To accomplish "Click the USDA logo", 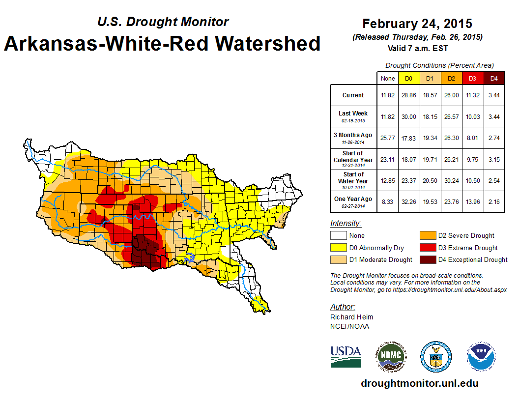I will point(346,356).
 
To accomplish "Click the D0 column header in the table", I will point(408,78).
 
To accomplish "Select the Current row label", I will point(353,95).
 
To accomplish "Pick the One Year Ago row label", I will point(353,199).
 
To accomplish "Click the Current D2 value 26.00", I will point(451,95).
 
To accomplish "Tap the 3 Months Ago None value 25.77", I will point(388,138).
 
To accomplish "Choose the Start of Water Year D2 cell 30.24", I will point(451,180).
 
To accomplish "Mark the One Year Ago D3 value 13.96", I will point(472,199).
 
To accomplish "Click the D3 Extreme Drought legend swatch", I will point(428,248).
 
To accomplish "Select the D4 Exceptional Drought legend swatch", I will point(428,259).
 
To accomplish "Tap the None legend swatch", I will point(338,236).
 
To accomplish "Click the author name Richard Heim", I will point(352,317).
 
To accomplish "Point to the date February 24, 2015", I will point(417,24).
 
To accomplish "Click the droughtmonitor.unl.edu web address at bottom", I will point(419,383).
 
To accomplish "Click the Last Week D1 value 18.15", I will point(430,116).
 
